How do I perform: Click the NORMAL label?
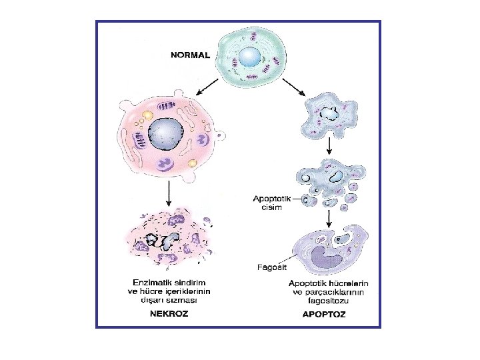click(191, 55)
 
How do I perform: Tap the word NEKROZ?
click(167, 314)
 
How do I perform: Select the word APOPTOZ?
click(324, 314)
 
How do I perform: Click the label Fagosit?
click(271, 268)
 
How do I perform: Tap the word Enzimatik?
click(149, 283)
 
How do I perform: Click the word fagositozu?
click(328, 301)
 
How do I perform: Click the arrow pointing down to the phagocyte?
click(329, 217)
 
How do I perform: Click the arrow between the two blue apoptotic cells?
click(329, 143)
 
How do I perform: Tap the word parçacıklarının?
click(340, 292)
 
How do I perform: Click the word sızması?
click(186, 300)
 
